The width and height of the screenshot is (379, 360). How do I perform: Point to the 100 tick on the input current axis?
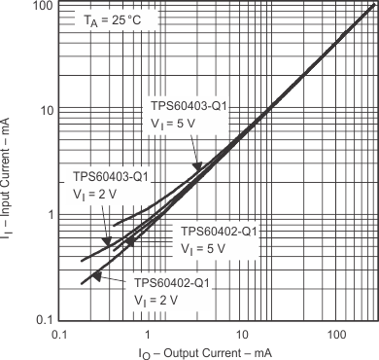coord(39,7)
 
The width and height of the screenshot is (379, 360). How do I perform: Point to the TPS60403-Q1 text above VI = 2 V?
coord(111,176)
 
